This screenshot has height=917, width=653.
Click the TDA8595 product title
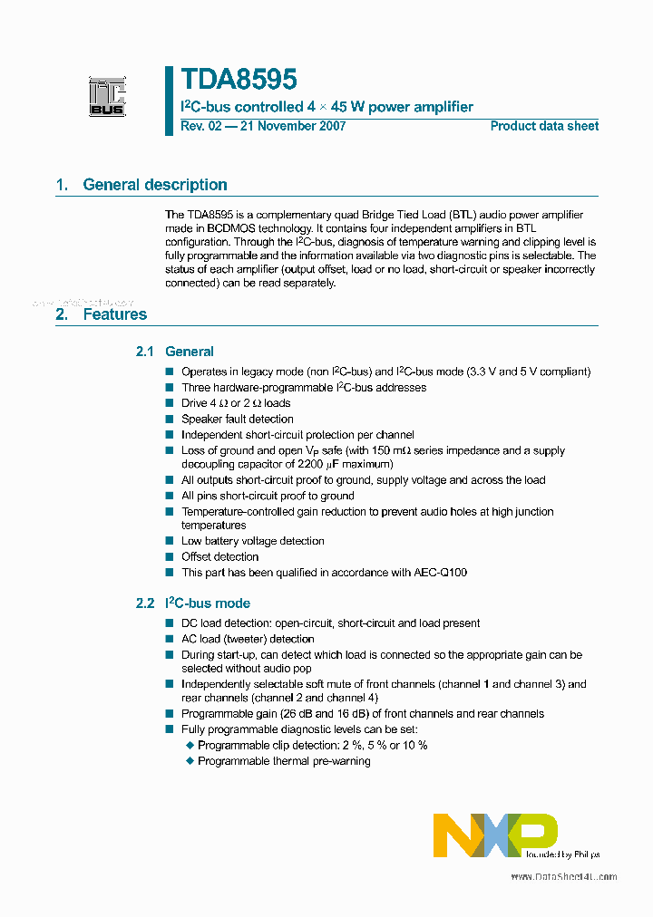pos(239,81)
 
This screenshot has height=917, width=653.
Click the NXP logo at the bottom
pos(495,835)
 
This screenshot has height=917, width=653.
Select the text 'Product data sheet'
pos(544,126)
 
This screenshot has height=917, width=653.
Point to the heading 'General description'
pos(155,185)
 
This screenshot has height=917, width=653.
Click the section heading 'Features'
pos(114,314)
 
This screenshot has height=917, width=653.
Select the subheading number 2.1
pos(145,352)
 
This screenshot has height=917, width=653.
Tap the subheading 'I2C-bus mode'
pos(208,603)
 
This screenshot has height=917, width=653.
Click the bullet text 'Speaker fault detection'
pos(238,419)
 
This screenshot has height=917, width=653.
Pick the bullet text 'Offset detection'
pos(219,556)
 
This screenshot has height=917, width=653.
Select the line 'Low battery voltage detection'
pos(252,541)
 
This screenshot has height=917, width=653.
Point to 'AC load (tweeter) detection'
pos(248,639)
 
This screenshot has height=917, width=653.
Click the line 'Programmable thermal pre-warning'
pos(284,761)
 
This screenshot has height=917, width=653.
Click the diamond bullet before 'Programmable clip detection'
pos(190,746)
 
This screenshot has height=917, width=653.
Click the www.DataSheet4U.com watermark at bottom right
pos(563,877)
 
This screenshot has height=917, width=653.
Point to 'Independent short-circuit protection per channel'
pos(297,435)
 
